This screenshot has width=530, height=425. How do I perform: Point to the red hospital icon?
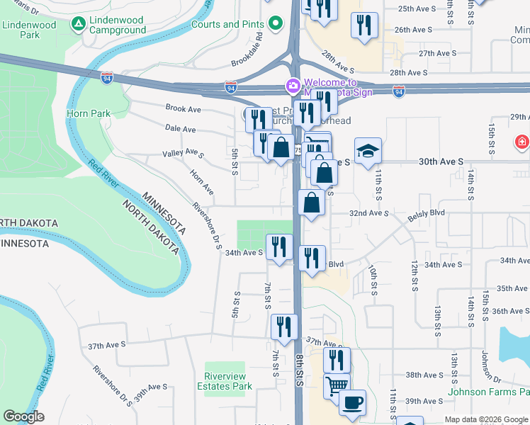point(523,142)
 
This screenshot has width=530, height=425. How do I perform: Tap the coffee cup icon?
point(352,403)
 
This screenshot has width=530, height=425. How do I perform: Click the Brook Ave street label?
point(183,109)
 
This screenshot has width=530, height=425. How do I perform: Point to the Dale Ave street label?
point(180,130)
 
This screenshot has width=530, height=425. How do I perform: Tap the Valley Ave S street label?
point(183,154)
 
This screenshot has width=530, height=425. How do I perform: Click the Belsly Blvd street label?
point(427,212)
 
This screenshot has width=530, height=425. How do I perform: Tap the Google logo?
point(23,416)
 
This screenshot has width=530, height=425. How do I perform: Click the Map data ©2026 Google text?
point(485,419)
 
